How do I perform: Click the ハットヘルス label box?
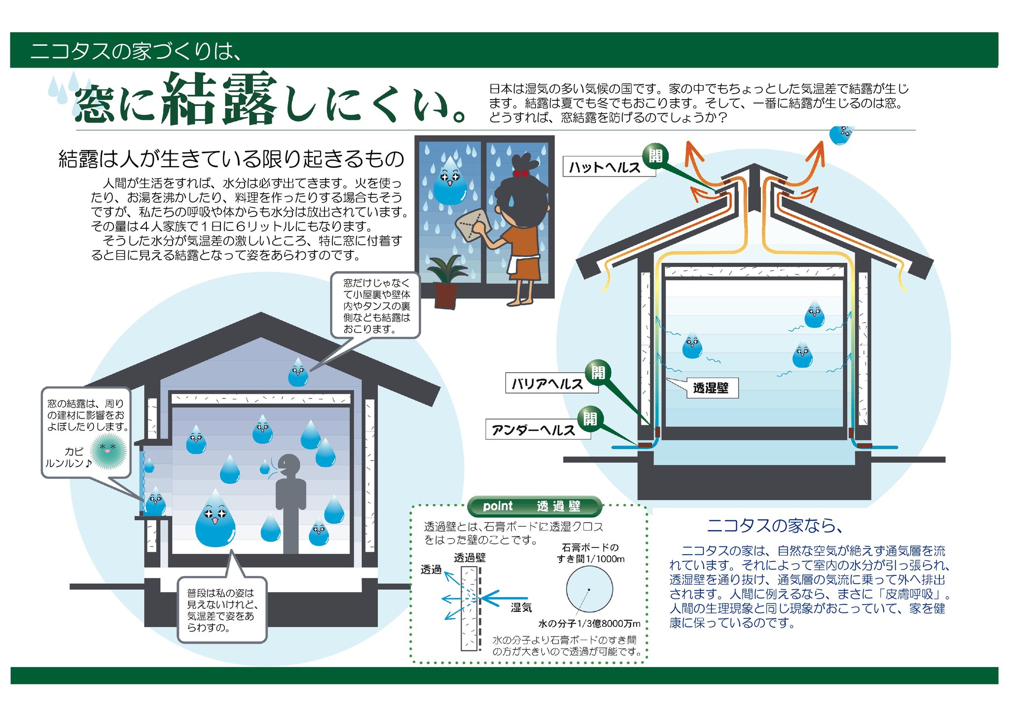[x=605, y=167]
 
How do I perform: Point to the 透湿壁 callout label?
[x=711, y=388]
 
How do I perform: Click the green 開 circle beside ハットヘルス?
[x=655, y=156]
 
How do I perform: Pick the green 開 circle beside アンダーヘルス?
[x=590, y=419]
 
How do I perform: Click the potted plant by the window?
[x=446, y=283]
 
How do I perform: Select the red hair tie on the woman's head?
[x=520, y=173]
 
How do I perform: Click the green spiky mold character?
[x=109, y=451]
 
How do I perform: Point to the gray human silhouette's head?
[x=289, y=464]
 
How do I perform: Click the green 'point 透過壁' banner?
[x=535, y=506]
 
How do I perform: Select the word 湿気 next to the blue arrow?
[x=521, y=607]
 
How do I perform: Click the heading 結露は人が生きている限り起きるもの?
[x=231, y=159]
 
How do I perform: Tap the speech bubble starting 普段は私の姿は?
[x=222, y=610]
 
